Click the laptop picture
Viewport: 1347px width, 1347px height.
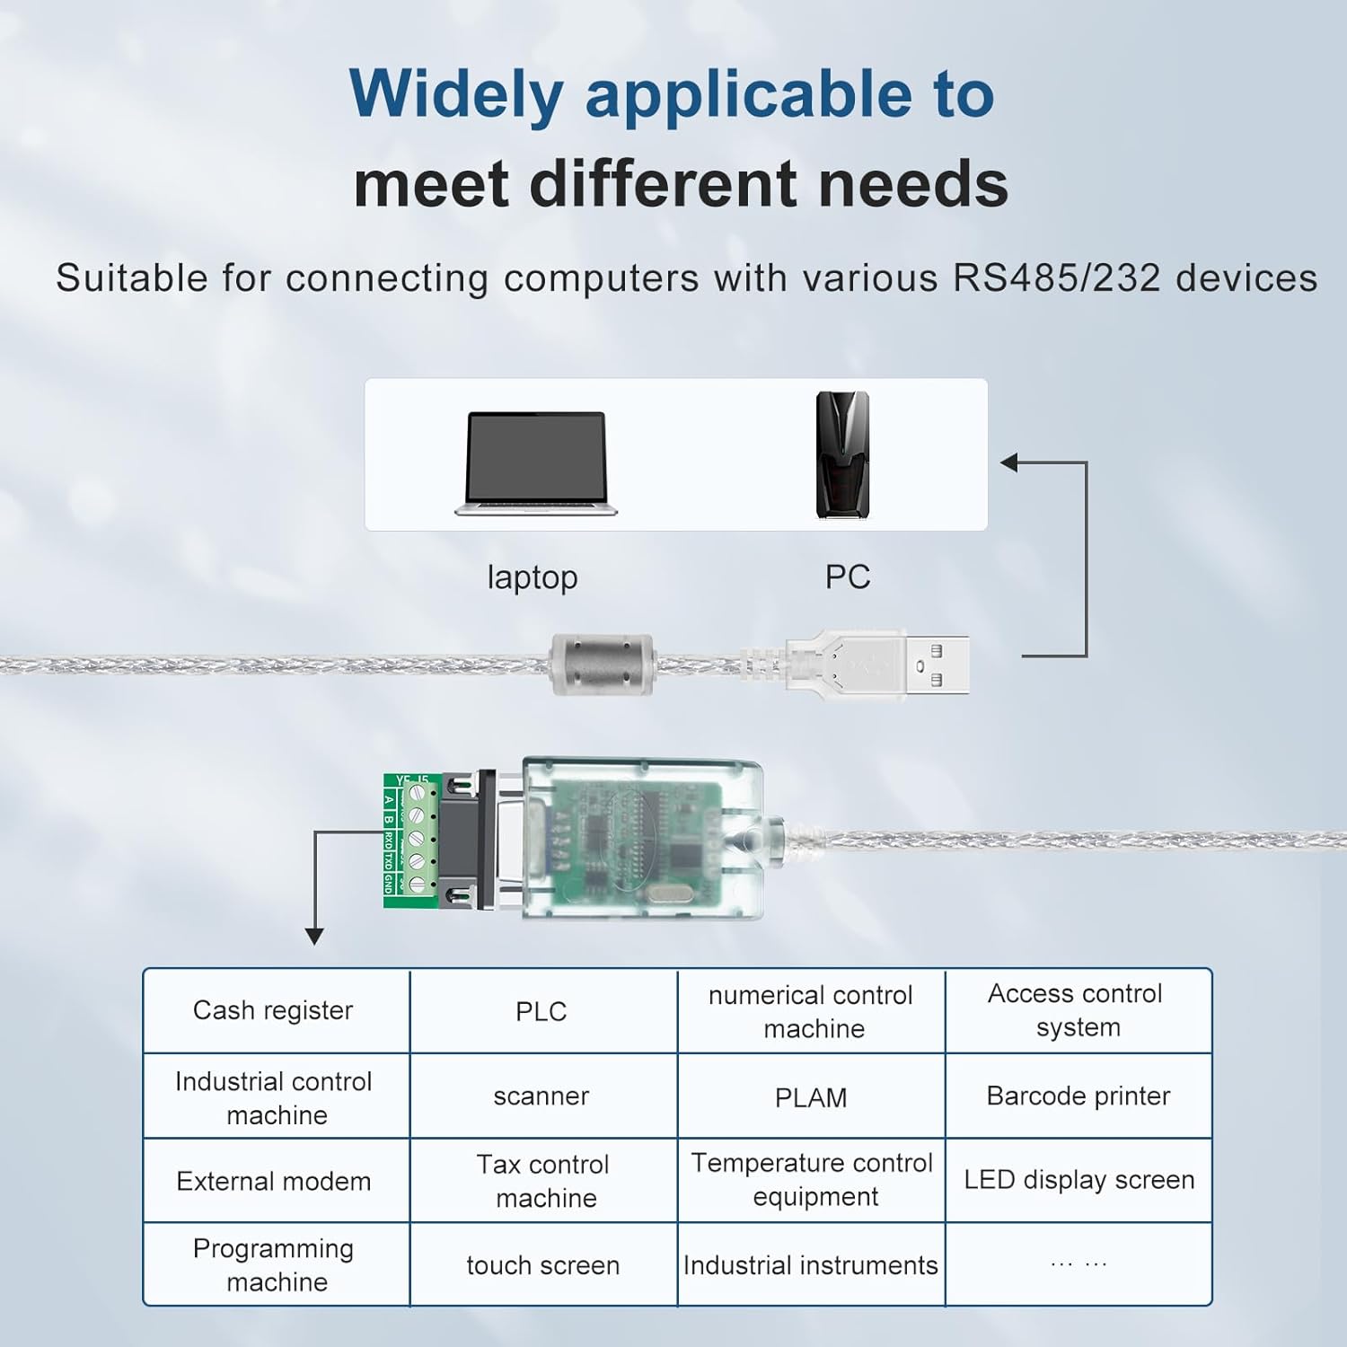point(536,462)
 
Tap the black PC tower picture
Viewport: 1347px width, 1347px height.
point(841,455)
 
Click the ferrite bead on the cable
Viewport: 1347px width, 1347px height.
point(601,665)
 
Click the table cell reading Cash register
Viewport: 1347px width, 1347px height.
point(273,1010)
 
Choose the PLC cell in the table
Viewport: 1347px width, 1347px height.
point(541,1011)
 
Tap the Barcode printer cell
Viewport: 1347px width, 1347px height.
point(1078,1096)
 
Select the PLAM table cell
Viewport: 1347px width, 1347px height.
point(811,1097)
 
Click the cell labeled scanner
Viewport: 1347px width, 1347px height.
point(541,1096)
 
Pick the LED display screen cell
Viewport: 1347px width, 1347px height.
point(1078,1180)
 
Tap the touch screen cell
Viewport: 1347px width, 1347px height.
point(542,1265)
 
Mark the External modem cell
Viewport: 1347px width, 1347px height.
point(274,1181)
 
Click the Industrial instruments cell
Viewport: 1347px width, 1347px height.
point(811,1265)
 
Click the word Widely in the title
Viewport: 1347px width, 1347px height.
point(455,93)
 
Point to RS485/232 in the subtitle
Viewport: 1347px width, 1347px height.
point(1057,278)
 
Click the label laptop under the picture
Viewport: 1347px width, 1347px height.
point(533,577)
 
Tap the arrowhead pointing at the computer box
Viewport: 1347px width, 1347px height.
point(1009,462)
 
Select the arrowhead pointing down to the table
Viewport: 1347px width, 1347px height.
point(314,936)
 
